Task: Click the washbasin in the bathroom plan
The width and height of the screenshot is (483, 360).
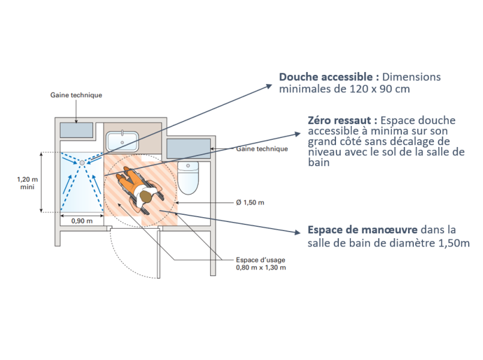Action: click(x=123, y=142)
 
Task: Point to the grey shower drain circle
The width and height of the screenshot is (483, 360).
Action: click(x=82, y=162)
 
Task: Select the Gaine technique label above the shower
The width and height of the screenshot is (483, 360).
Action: click(x=76, y=95)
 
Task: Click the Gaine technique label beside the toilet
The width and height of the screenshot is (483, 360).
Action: click(x=262, y=149)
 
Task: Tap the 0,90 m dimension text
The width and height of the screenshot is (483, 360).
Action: click(x=82, y=221)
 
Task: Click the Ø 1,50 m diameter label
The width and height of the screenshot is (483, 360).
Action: click(x=250, y=202)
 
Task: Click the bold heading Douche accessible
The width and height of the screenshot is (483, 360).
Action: click(x=328, y=77)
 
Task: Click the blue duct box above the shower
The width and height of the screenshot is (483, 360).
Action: click(x=77, y=130)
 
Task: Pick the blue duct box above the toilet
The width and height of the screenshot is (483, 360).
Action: click(x=188, y=148)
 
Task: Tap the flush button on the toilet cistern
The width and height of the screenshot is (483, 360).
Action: click(x=188, y=164)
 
